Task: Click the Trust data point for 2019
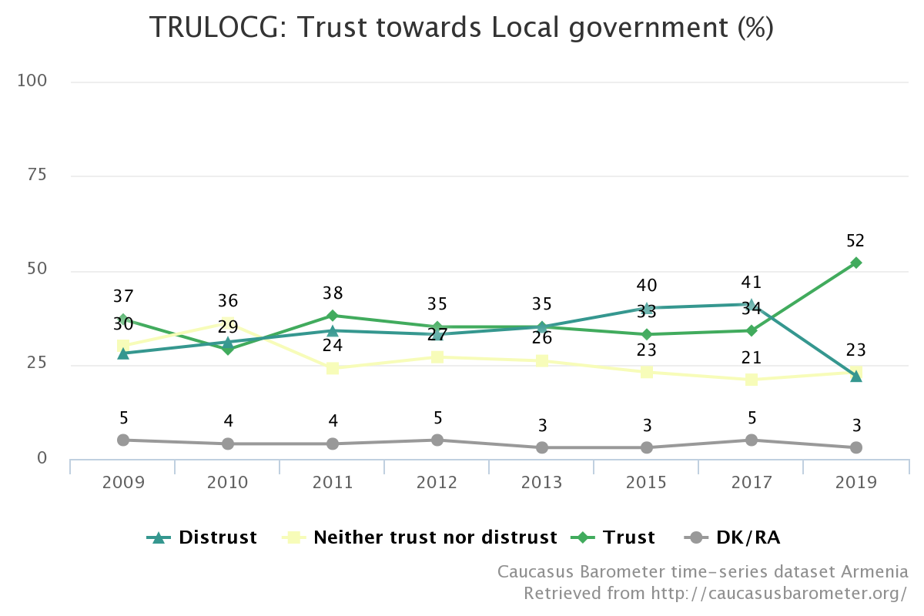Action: point(856,263)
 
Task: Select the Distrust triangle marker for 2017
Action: point(752,306)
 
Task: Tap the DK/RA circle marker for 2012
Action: point(437,440)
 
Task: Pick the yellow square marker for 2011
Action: point(333,368)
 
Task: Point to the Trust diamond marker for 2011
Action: point(333,316)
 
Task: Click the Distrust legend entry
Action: point(202,537)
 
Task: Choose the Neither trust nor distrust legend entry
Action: point(419,537)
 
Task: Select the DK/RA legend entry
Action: point(732,537)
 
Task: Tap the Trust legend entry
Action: point(613,537)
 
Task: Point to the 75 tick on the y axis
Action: point(37,175)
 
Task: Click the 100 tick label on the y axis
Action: point(32,80)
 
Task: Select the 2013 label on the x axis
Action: point(541,482)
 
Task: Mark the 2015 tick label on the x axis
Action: point(646,482)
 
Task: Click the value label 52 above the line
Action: point(855,240)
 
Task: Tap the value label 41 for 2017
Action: point(751,283)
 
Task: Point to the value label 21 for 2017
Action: point(751,357)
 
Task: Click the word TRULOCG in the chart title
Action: point(213,27)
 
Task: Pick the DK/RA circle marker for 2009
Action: point(123,440)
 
